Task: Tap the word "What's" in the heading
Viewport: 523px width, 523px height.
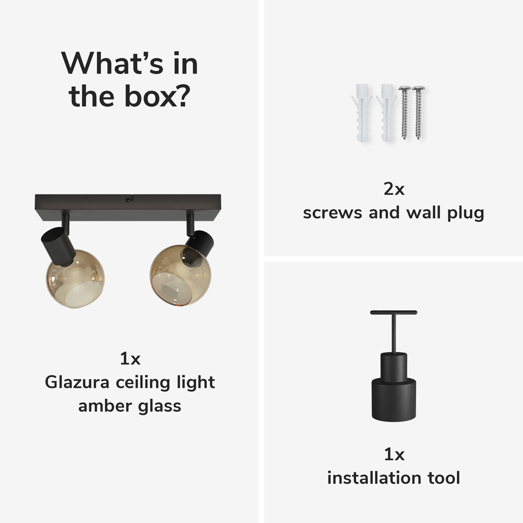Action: point(112,63)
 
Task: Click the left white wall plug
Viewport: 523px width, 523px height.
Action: point(362,113)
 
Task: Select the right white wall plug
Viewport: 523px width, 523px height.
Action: point(387,113)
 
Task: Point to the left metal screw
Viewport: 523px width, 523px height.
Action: point(405,112)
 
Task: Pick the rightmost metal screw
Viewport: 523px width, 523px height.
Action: point(418,112)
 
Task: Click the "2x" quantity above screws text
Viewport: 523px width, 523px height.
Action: point(394,189)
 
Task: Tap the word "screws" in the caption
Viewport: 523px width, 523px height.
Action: point(332,213)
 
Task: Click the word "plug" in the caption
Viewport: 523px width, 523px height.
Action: point(465,213)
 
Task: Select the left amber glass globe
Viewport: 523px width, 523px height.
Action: point(75,279)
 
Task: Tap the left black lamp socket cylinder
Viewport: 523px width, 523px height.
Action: point(58,246)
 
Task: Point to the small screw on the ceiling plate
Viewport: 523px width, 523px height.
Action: point(128,200)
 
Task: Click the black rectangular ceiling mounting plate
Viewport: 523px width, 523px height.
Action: point(128,208)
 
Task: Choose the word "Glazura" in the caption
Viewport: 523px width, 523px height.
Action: point(77,382)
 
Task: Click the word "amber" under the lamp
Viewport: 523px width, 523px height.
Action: point(105,406)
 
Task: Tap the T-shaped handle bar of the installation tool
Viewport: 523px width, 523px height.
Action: point(394,313)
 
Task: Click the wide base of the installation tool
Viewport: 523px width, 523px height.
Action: point(394,400)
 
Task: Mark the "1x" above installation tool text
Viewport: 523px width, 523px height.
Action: point(394,454)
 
